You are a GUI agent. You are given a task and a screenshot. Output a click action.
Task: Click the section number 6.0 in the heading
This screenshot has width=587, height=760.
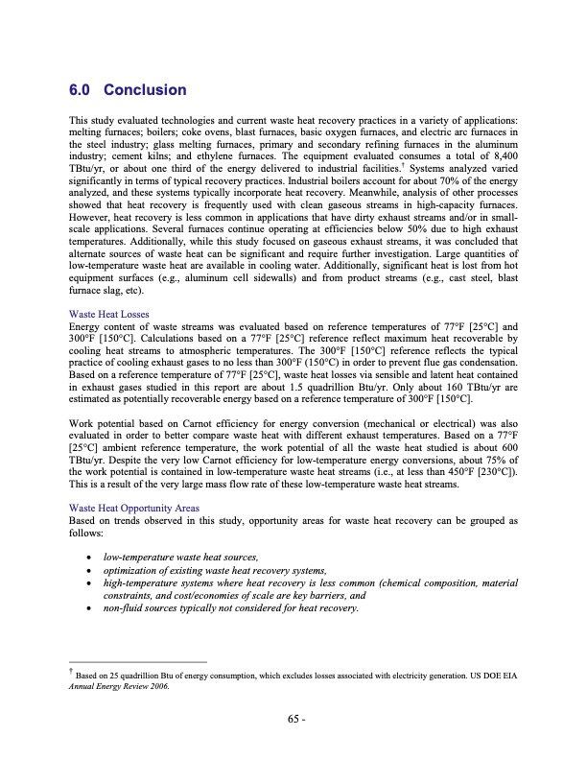click(80, 90)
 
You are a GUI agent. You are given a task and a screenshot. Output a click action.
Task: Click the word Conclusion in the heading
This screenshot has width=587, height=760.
click(144, 90)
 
